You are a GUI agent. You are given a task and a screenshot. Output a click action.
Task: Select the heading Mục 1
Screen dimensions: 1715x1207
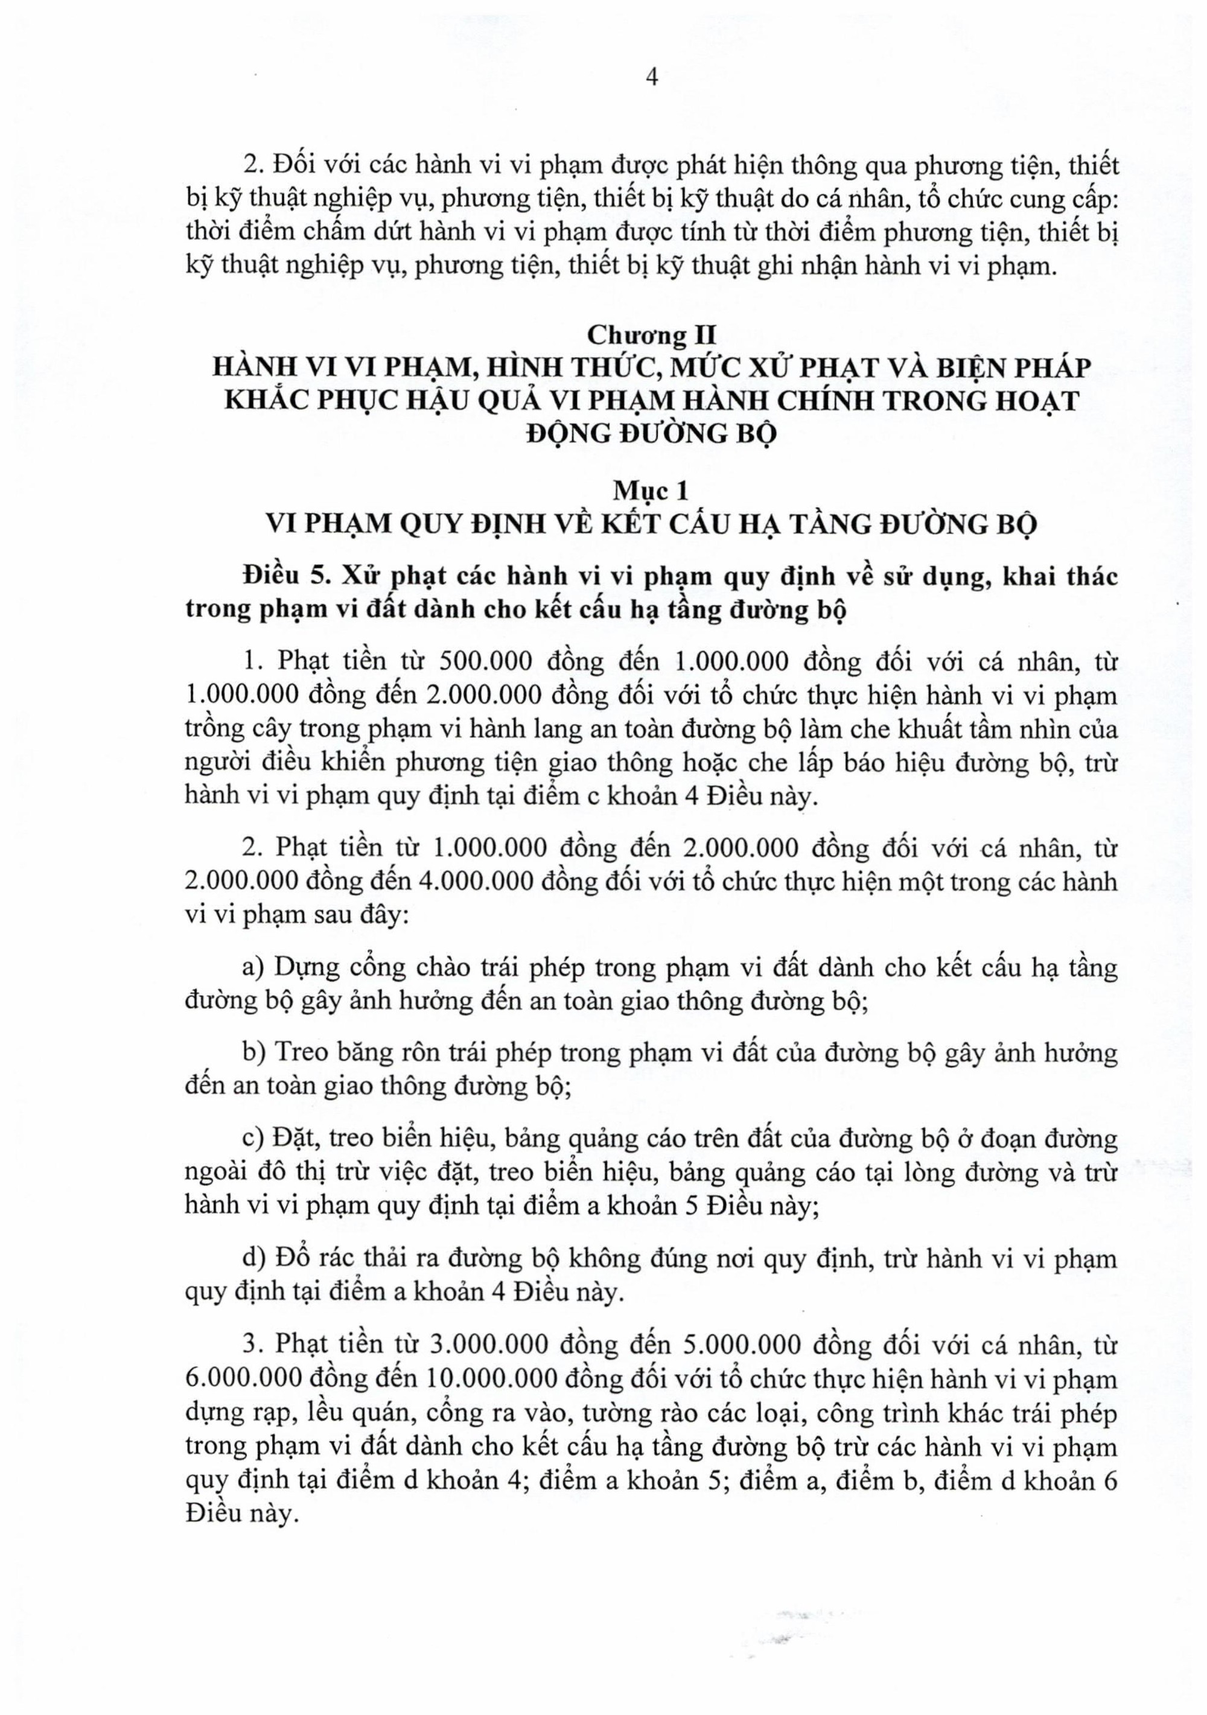tap(650, 491)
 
